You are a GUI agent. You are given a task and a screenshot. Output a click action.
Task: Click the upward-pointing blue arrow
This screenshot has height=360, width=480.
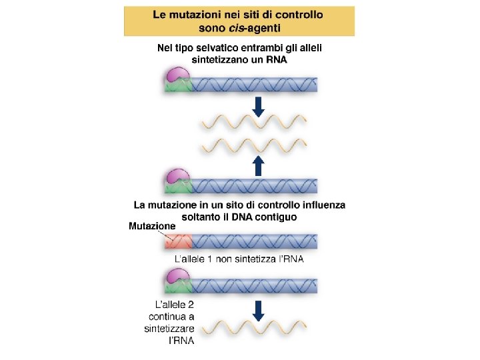point(259,165)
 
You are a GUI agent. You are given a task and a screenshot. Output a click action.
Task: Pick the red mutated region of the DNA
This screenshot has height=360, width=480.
point(178,241)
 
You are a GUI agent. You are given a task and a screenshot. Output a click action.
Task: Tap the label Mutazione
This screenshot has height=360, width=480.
point(152,225)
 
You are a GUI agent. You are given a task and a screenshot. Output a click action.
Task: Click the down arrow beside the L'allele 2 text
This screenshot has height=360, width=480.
point(259,310)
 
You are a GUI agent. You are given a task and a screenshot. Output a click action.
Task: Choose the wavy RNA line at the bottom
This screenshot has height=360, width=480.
point(254,328)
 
